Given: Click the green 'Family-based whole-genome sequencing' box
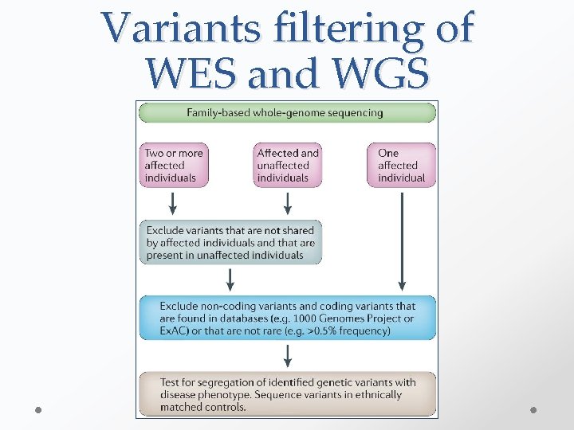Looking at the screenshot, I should tap(286, 113).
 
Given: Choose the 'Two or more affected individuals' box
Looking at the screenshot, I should tap(174, 165).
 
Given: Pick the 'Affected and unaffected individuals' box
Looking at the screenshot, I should tap(288, 165).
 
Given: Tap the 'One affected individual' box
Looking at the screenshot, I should tap(401, 165).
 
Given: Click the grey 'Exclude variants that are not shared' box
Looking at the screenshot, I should tap(230, 243).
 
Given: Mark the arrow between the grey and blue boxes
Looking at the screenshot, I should tap(230, 279).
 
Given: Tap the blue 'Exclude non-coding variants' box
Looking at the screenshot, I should tap(287, 318).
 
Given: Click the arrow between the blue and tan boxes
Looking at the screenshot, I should tap(287, 355).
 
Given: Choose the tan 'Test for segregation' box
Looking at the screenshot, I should tap(287, 394).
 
